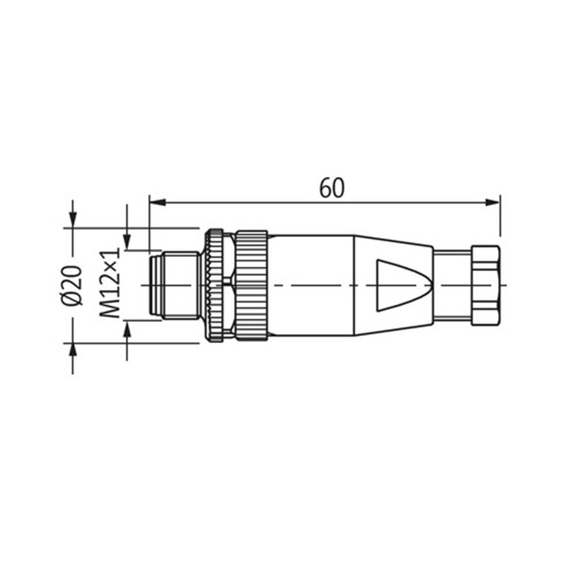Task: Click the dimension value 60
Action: (331, 188)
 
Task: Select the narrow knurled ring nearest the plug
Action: (214, 285)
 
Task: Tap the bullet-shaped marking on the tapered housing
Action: (400, 285)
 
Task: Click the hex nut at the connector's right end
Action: (485, 285)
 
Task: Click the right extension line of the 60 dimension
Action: (499, 216)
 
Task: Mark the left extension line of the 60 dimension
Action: (149, 219)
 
